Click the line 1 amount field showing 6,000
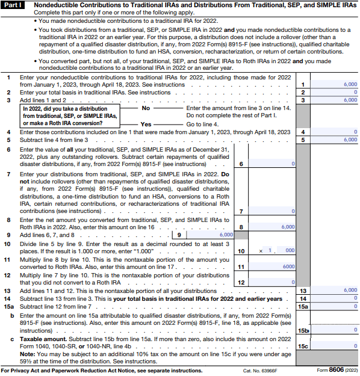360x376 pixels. [x=334, y=85]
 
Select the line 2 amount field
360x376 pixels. [x=334, y=92]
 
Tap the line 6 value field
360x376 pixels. [x=272, y=164]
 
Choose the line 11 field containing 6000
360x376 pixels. [x=272, y=267]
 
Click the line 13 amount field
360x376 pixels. [x=334, y=290]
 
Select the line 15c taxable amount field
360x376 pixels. [x=334, y=345]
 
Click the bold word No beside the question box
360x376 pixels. [x=145, y=108]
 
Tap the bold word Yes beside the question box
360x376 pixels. [x=146, y=123]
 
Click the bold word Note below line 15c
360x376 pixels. [x=27, y=355]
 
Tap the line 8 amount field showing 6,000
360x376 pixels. [x=272, y=227]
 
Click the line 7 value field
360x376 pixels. [x=272, y=211]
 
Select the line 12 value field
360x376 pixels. [x=272, y=282]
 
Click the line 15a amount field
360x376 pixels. [x=334, y=306]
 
